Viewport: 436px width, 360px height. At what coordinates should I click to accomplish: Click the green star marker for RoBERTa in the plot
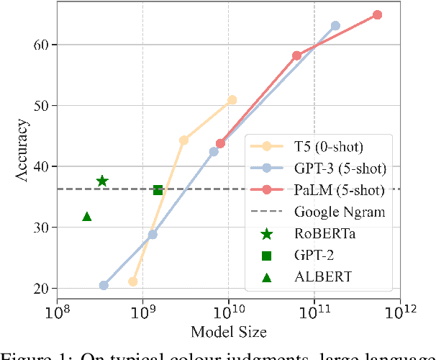(x=102, y=181)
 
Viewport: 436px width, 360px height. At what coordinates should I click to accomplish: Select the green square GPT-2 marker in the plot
(x=158, y=190)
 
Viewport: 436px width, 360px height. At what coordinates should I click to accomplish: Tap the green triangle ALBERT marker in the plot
(x=87, y=216)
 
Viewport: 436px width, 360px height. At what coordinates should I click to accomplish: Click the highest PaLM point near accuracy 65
(x=377, y=14)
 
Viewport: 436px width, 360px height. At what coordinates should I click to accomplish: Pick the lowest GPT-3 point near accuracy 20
(x=104, y=285)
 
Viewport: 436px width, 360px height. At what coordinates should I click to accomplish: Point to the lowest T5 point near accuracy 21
(x=132, y=282)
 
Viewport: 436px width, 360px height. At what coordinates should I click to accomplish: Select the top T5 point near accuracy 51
(x=232, y=100)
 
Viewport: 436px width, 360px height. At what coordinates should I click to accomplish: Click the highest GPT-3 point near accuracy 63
(x=335, y=26)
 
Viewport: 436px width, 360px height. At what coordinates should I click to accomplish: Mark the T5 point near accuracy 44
(x=183, y=140)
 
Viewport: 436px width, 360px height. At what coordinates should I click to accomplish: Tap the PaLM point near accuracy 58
(x=296, y=55)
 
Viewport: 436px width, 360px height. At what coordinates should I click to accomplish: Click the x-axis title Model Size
(x=229, y=333)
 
